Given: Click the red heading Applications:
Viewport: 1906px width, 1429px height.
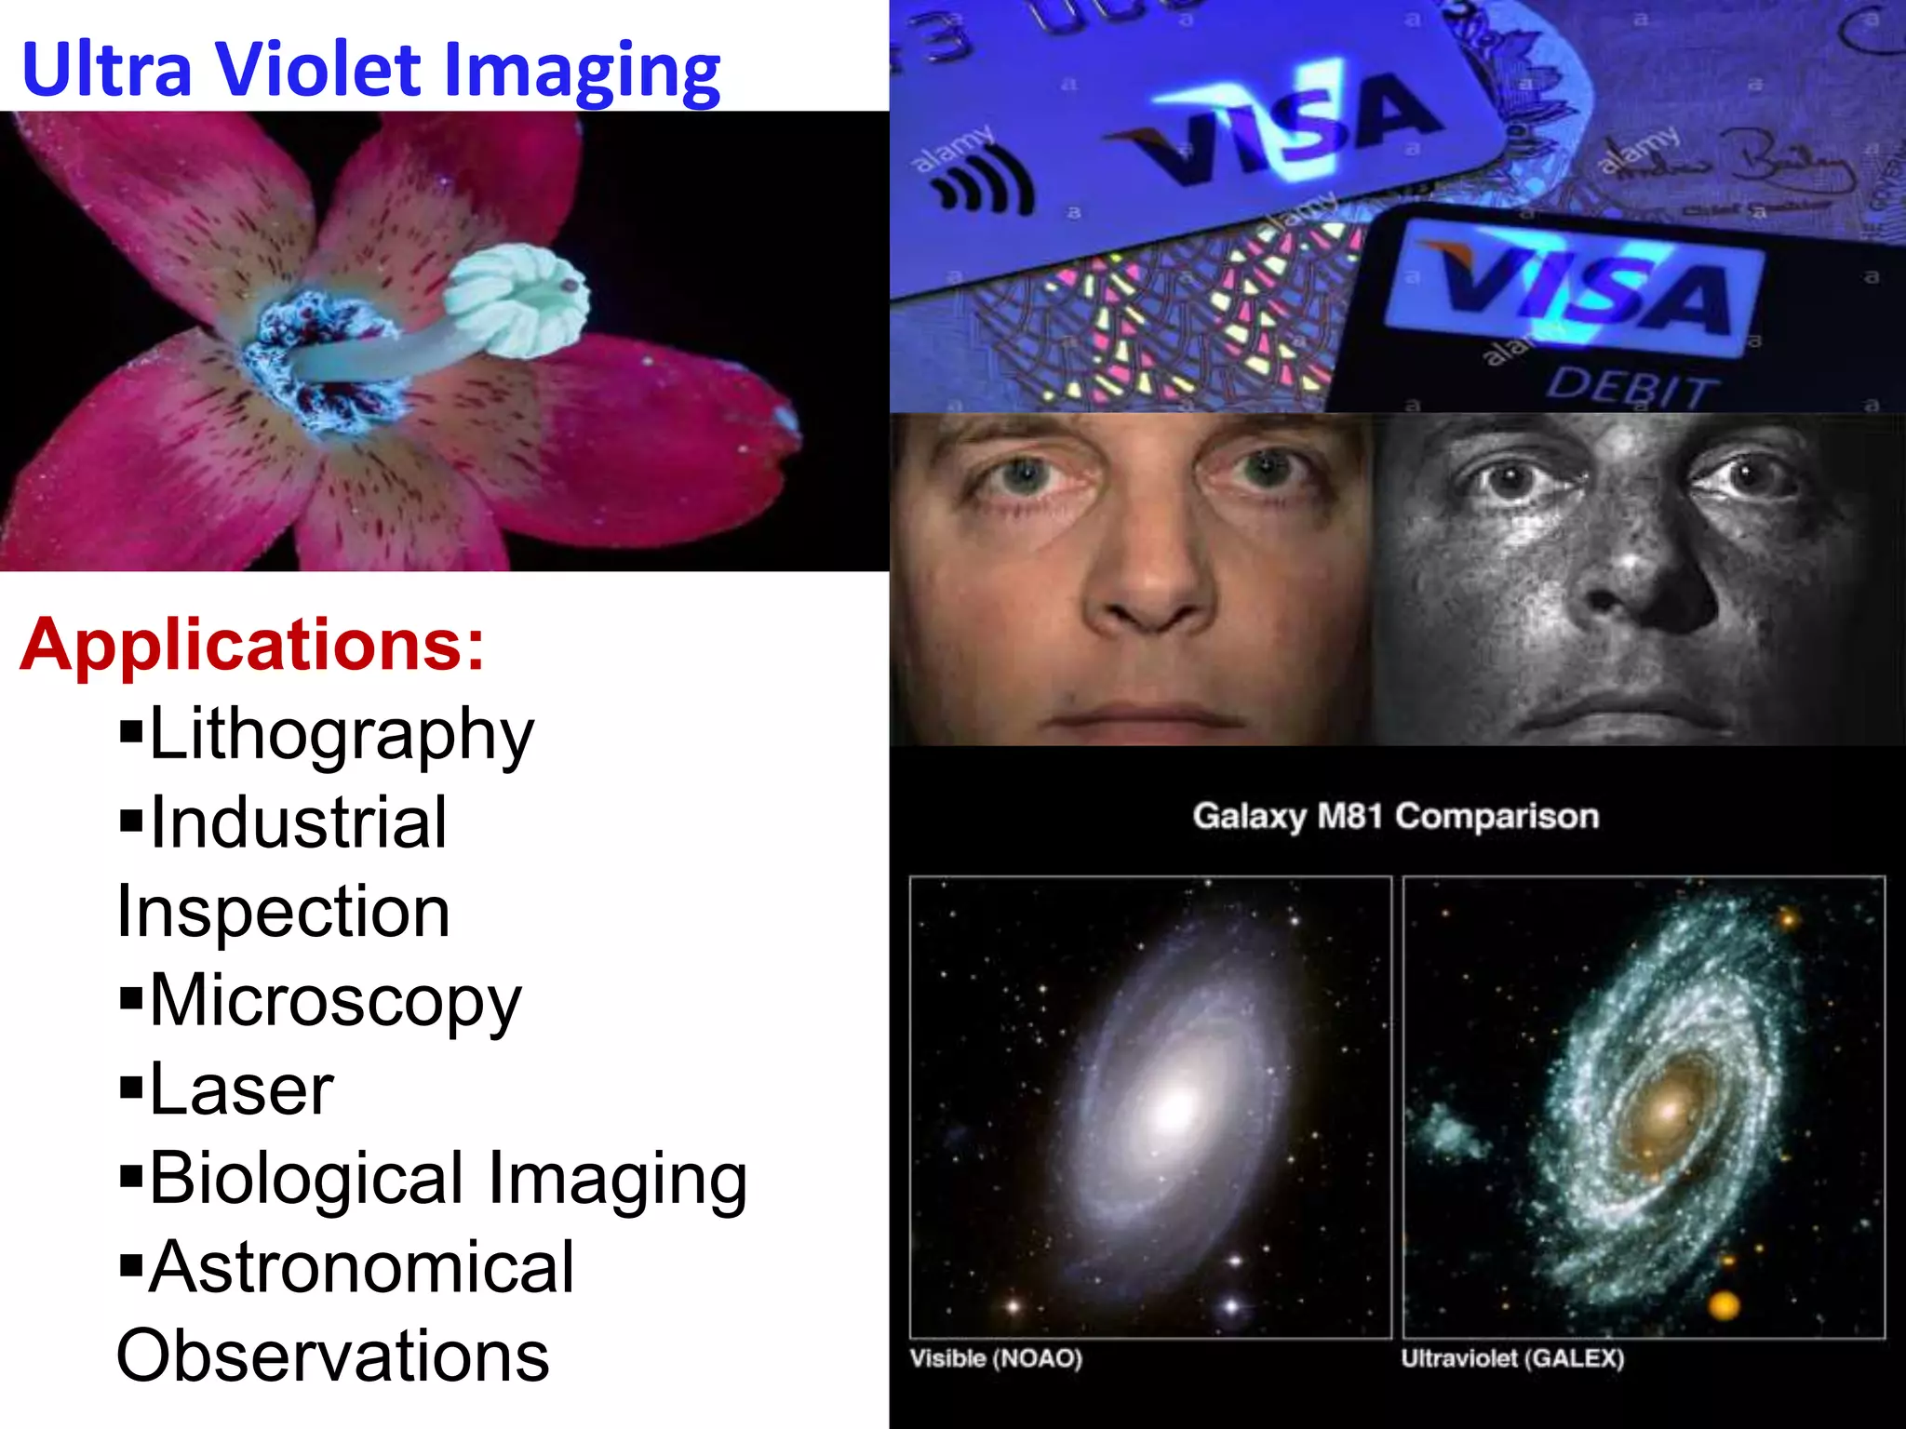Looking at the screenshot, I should pos(252,645).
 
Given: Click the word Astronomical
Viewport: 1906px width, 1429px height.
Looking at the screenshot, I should pos(361,1268).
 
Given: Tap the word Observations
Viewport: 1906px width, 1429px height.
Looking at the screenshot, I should pos(333,1356).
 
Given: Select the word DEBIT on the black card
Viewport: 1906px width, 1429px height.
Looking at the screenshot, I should pos(1629,386).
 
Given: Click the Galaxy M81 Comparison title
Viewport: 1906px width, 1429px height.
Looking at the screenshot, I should pos(1396,817).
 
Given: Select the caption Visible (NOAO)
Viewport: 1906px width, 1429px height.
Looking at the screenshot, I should pos(996,1359).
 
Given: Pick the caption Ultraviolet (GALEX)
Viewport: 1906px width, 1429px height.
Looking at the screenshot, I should pos(1513,1359).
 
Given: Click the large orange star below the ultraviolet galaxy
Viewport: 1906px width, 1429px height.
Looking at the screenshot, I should pos(1724,1304).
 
